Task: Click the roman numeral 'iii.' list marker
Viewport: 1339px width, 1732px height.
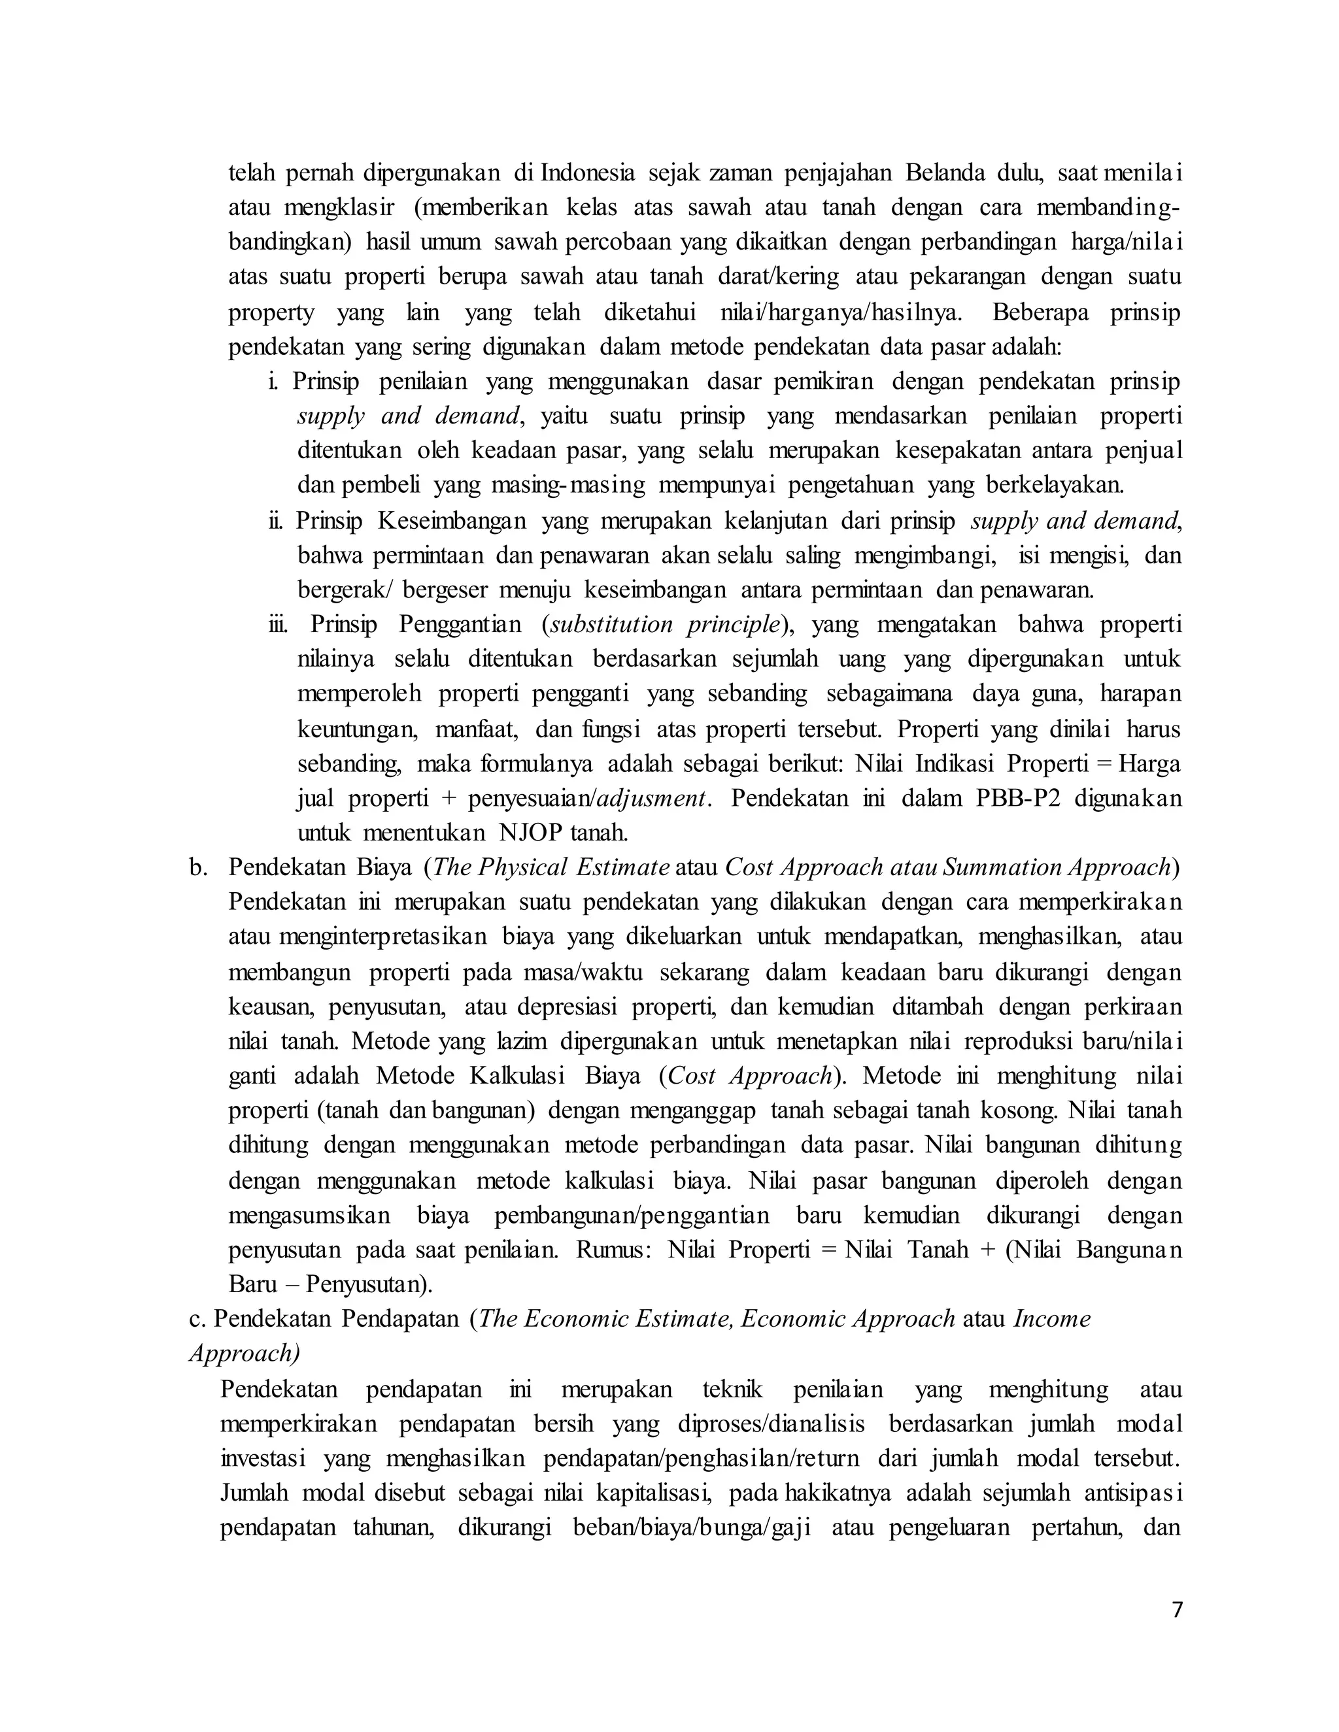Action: coord(278,624)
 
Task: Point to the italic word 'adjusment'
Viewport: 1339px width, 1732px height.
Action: coord(651,798)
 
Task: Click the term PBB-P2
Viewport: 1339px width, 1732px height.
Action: coord(1018,798)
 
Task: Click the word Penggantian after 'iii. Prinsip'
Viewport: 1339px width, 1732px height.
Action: coord(460,624)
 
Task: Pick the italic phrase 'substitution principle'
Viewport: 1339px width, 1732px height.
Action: coord(665,624)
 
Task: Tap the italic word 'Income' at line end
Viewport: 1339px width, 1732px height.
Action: coord(1052,1319)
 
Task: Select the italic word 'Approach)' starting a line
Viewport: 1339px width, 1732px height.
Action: coord(245,1353)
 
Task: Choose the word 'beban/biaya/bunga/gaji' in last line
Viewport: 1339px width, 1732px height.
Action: coord(692,1527)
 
